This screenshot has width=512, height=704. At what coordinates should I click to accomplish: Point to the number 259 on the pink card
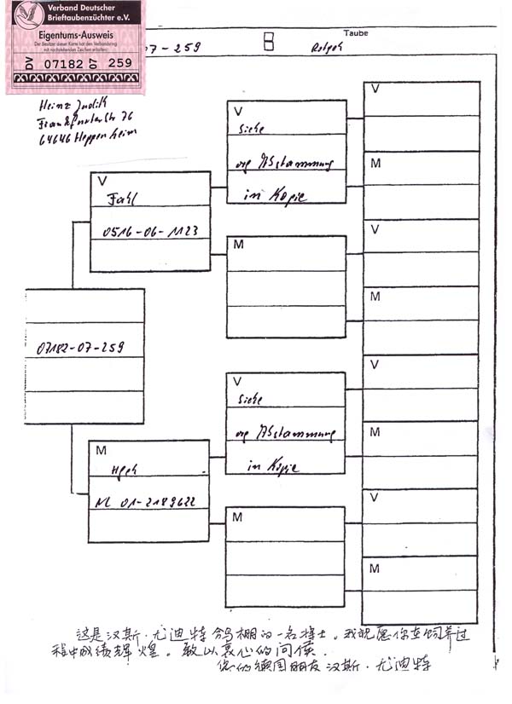pyautogui.click(x=121, y=63)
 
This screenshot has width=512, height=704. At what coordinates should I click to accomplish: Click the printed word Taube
pyautogui.click(x=356, y=33)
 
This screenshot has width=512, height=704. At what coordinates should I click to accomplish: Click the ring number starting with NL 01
pyautogui.click(x=145, y=502)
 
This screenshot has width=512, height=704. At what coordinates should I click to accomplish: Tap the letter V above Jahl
pyautogui.click(x=102, y=181)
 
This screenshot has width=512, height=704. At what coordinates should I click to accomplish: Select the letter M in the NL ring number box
pyautogui.click(x=102, y=450)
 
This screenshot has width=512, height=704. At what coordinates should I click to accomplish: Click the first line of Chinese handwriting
pyautogui.click(x=271, y=635)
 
